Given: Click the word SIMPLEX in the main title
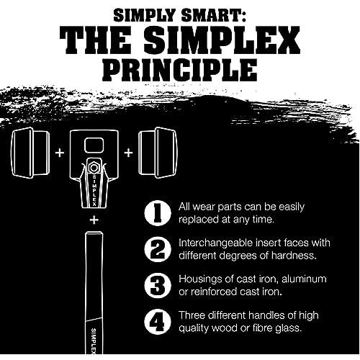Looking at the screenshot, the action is (x=222, y=40).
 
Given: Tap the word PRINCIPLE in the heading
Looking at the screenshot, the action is (x=180, y=69).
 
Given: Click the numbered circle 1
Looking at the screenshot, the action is (x=158, y=213).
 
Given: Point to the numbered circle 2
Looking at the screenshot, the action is (x=158, y=249).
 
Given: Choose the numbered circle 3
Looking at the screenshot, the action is (x=158, y=286).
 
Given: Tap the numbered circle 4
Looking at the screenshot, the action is (x=158, y=322).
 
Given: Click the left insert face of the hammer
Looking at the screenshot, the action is (x=30, y=153).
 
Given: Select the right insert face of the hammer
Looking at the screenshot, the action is (x=158, y=153).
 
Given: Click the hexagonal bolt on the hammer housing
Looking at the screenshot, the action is (x=94, y=168).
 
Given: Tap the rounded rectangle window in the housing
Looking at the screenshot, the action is (x=94, y=145).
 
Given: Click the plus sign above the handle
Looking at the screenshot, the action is (x=94, y=220).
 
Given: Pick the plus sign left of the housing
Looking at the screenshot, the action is (x=60, y=153).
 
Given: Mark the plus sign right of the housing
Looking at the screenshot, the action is (x=128, y=153).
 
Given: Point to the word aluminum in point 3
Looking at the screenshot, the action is (x=304, y=279).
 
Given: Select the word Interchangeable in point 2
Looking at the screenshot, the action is (x=215, y=244).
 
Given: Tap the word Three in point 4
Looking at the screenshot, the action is (x=192, y=315).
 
